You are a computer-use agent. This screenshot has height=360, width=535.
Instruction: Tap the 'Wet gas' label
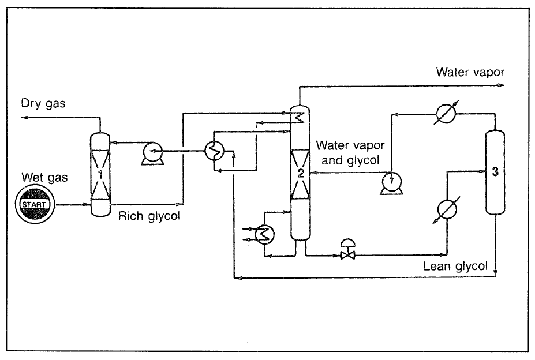(x=44, y=177)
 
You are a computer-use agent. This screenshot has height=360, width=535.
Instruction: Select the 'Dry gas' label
(x=44, y=104)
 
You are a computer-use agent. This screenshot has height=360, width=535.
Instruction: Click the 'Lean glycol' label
(x=455, y=266)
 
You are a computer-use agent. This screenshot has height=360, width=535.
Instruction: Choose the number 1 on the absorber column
(x=100, y=172)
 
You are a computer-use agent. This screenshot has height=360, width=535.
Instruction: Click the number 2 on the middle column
(x=300, y=172)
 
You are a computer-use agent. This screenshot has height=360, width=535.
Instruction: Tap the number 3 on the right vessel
(x=495, y=172)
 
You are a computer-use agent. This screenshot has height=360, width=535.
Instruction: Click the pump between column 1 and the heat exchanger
(x=154, y=153)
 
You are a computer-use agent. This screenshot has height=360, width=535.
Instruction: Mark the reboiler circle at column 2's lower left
(x=265, y=233)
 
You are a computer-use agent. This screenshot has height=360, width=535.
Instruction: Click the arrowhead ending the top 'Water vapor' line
(x=501, y=85)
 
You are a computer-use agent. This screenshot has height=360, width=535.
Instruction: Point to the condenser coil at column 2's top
(x=298, y=118)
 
